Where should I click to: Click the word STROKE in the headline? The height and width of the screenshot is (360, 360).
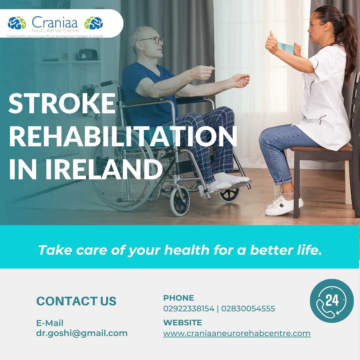[62, 103]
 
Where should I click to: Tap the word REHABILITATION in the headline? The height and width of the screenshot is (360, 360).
[123, 137]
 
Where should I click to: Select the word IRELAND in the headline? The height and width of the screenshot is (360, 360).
[104, 169]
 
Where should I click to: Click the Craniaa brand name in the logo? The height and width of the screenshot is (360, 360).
[55, 23]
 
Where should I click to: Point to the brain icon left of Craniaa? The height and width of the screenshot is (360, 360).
[17, 23]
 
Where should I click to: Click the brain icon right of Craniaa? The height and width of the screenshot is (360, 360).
[94, 23]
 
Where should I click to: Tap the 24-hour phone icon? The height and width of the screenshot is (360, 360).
[332, 301]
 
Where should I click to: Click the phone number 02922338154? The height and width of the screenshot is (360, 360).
[189, 309]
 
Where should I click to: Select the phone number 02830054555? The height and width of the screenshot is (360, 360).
[248, 309]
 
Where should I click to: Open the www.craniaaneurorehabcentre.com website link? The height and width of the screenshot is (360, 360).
[237, 333]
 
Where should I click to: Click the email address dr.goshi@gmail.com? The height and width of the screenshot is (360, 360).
[82, 333]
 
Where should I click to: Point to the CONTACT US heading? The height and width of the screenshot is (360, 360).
[76, 301]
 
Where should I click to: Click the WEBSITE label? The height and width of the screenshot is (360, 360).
[183, 323]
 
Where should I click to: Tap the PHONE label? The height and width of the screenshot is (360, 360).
[179, 298]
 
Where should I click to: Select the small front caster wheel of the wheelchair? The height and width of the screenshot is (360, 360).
[180, 202]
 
